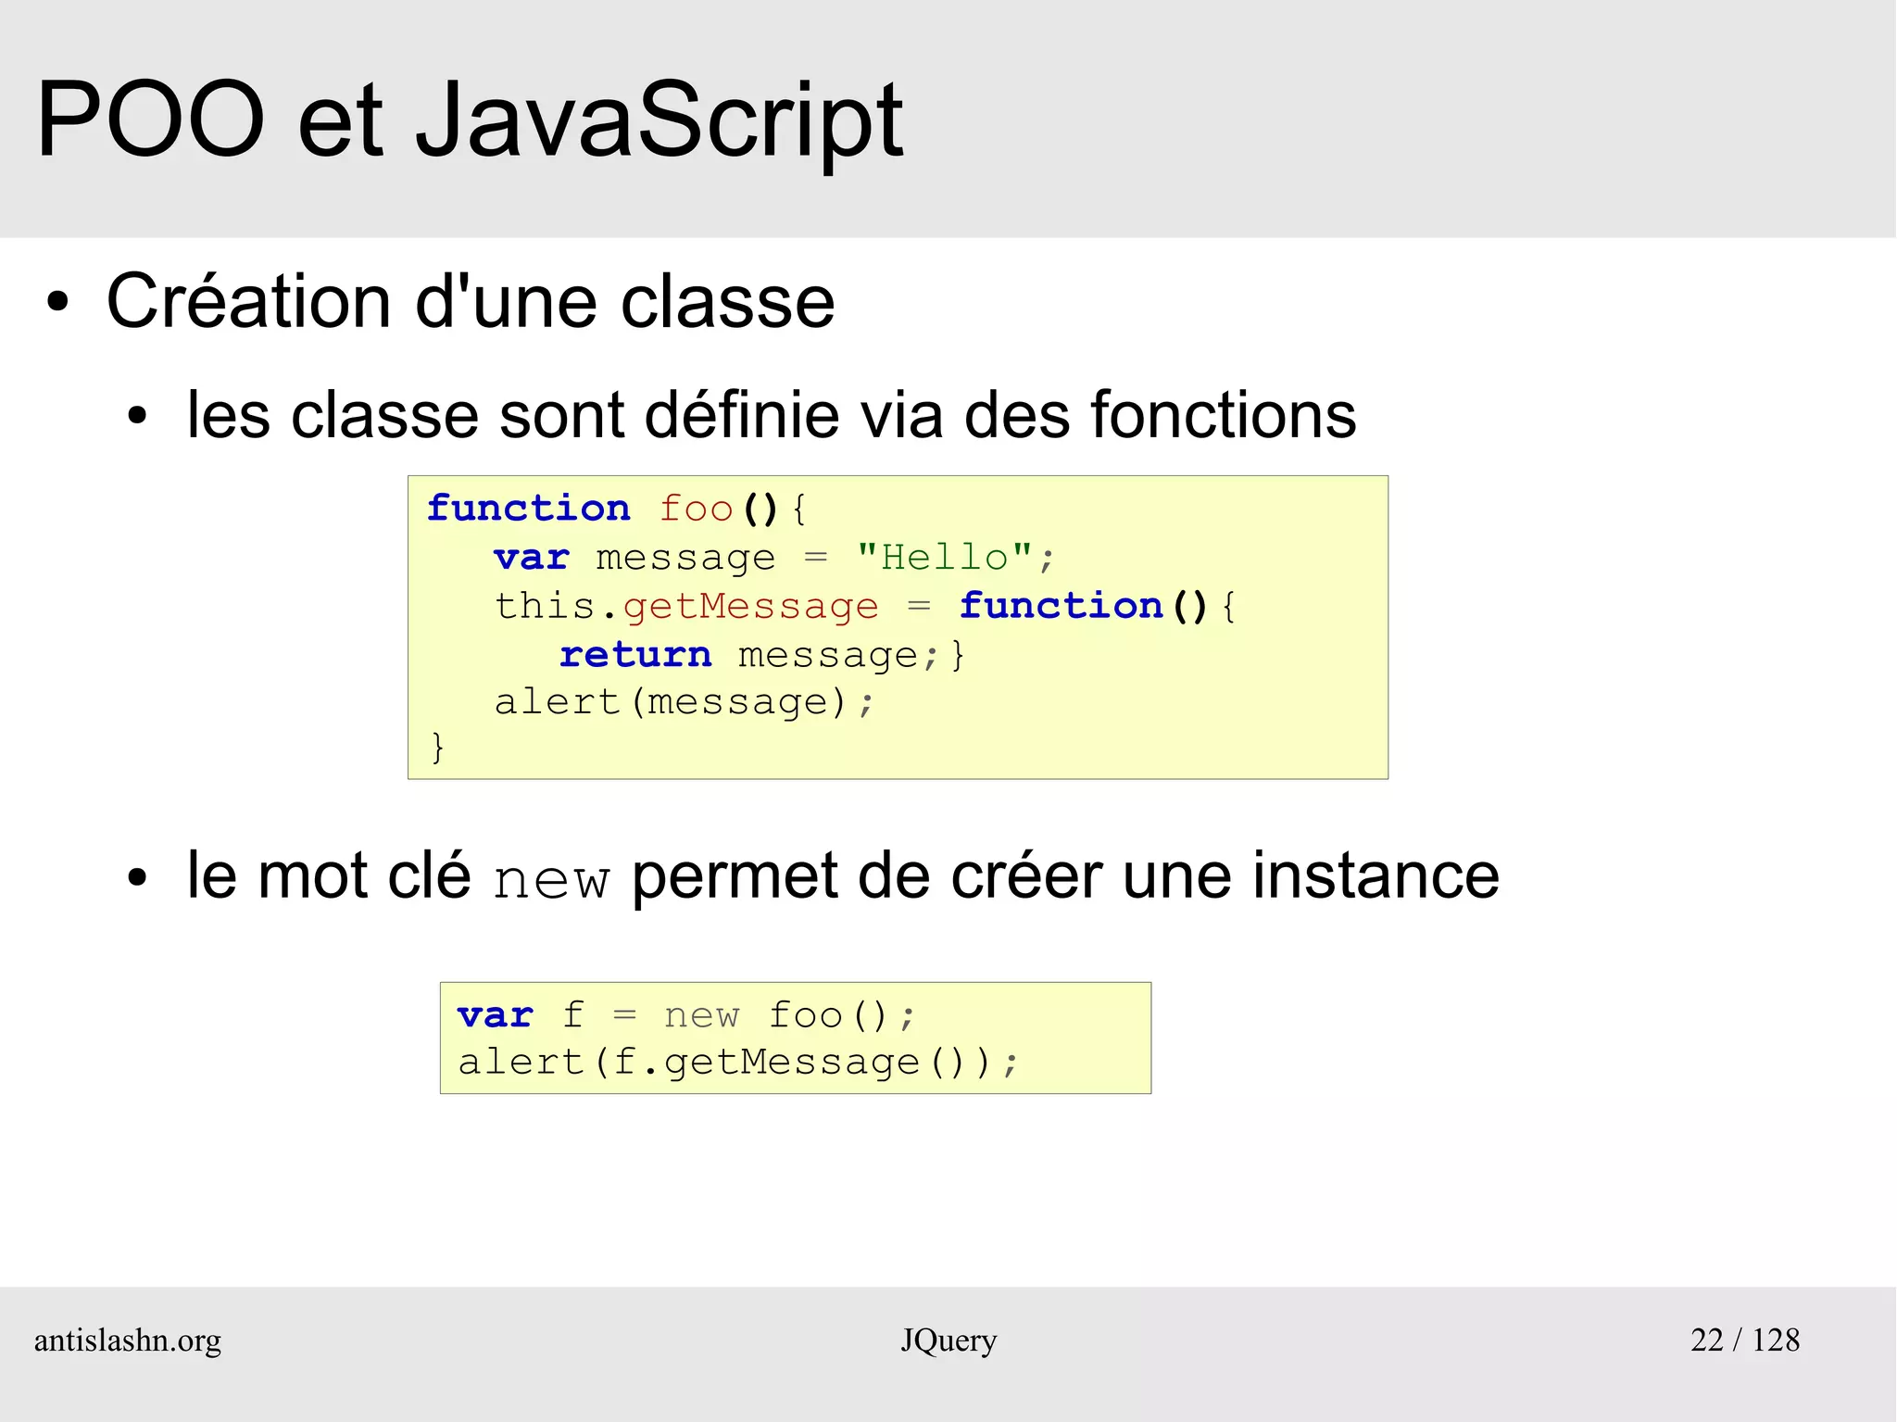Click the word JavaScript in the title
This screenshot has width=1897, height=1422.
point(659,120)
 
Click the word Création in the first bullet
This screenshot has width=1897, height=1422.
point(249,302)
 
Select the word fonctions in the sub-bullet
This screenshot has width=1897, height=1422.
point(1223,414)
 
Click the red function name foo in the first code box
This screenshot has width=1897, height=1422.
point(696,510)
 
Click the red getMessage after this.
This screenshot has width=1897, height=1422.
point(750,607)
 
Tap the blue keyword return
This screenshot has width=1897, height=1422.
point(635,655)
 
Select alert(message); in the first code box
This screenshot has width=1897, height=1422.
point(684,702)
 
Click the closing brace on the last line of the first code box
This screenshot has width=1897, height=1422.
point(437,747)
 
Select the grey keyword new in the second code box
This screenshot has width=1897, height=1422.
point(701,1016)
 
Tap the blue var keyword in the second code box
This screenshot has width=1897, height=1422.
point(496,1016)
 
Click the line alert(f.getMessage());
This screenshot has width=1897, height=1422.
point(737,1063)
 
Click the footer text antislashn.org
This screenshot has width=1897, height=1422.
point(128,1340)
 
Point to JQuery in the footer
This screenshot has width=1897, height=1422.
point(948,1340)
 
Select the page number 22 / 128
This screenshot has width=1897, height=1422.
point(1744,1340)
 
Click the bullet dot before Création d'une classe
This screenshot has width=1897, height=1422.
point(57,302)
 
